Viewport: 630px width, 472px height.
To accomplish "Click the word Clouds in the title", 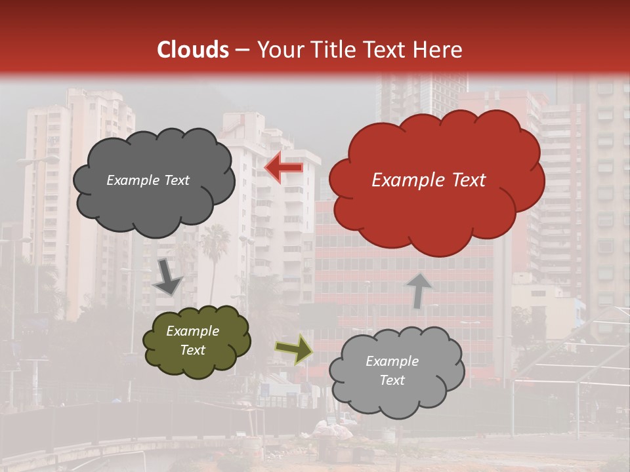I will coord(193,50).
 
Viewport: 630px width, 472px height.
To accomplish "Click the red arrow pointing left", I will coord(284,168).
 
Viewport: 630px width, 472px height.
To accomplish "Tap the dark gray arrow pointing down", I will coord(168,278).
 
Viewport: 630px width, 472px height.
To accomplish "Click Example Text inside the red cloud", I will coord(429,180).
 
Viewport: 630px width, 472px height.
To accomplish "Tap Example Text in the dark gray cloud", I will coord(148,180).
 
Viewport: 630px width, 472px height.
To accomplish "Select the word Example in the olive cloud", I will coord(192,332).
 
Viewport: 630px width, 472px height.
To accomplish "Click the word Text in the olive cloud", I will coord(192,350).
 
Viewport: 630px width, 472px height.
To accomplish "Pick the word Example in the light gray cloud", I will coord(392,361).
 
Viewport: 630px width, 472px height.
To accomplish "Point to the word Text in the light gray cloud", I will coord(392,380).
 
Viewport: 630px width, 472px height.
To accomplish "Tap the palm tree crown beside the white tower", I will coord(215,239).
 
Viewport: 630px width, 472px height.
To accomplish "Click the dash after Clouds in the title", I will coord(242,50).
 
